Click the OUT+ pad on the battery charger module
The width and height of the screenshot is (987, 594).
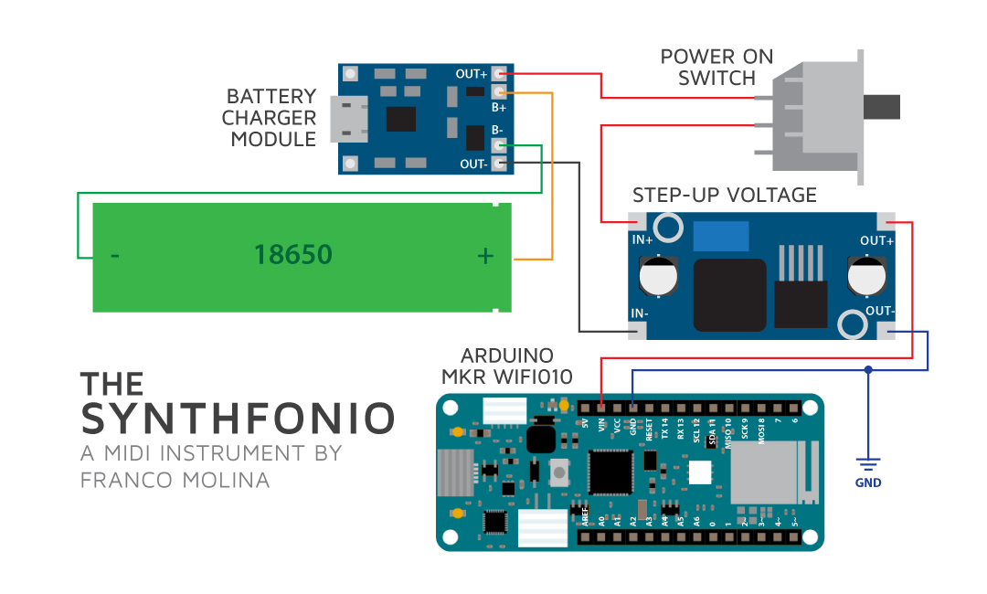(x=499, y=73)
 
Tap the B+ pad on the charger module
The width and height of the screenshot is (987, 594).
(x=499, y=92)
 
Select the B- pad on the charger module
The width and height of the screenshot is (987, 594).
(x=499, y=145)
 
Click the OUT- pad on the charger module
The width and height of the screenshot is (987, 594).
(x=499, y=164)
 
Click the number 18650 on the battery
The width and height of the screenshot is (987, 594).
(x=292, y=255)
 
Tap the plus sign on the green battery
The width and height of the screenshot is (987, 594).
(x=485, y=256)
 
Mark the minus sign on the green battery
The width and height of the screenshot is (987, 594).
(x=114, y=256)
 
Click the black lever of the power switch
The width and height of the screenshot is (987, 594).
(x=882, y=107)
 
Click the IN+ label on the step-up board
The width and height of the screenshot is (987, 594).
(x=642, y=240)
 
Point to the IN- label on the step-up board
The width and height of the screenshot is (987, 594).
(x=640, y=313)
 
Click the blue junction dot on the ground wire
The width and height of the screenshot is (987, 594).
(x=868, y=370)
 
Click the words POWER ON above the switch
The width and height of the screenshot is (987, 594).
(x=716, y=57)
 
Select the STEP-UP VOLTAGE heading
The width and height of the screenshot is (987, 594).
(x=725, y=196)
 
